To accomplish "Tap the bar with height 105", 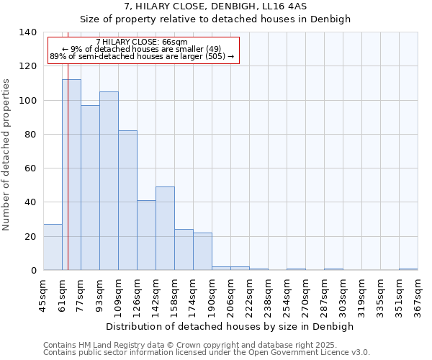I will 109,181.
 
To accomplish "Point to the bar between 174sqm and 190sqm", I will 202,251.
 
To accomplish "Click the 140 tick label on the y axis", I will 27,32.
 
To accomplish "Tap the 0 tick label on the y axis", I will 33,271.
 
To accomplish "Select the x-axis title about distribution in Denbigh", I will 230,326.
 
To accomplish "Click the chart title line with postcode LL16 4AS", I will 215,6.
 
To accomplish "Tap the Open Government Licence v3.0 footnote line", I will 207,353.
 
